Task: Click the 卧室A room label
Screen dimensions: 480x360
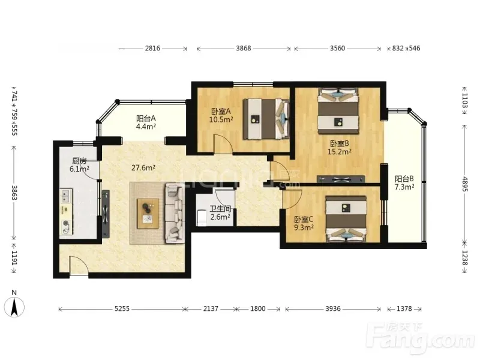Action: tap(221, 112)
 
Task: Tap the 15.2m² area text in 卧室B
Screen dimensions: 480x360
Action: tap(339, 152)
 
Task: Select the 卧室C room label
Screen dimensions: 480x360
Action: tap(304, 220)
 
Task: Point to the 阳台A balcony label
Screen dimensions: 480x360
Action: tap(146, 118)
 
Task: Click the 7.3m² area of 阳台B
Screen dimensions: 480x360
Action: tap(404, 187)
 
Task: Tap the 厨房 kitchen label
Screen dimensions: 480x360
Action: tap(79, 161)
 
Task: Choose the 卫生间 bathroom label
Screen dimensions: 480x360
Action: tap(220, 209)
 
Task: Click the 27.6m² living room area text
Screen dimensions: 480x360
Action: tap(143, 168)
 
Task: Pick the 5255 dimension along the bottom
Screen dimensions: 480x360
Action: tap(122, 308)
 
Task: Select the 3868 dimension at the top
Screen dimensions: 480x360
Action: tap(244, 49)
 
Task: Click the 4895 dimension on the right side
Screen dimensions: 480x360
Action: tap(464, 184)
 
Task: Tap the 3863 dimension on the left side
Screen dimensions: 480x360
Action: tap(14, 193)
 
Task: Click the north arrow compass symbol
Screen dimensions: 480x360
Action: tap(14, 307)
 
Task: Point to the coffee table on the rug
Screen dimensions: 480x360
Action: tap(148, 214)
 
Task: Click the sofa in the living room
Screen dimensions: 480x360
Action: tap(175, 213)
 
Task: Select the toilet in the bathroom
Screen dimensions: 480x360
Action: tap(201, 217)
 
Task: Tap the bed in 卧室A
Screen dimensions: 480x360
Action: tap(266, 119)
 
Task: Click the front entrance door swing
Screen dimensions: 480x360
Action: tap(79, 266)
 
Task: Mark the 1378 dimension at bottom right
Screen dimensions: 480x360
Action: tap(404, 308)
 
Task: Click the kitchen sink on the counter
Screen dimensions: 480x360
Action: tap(66, 196)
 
